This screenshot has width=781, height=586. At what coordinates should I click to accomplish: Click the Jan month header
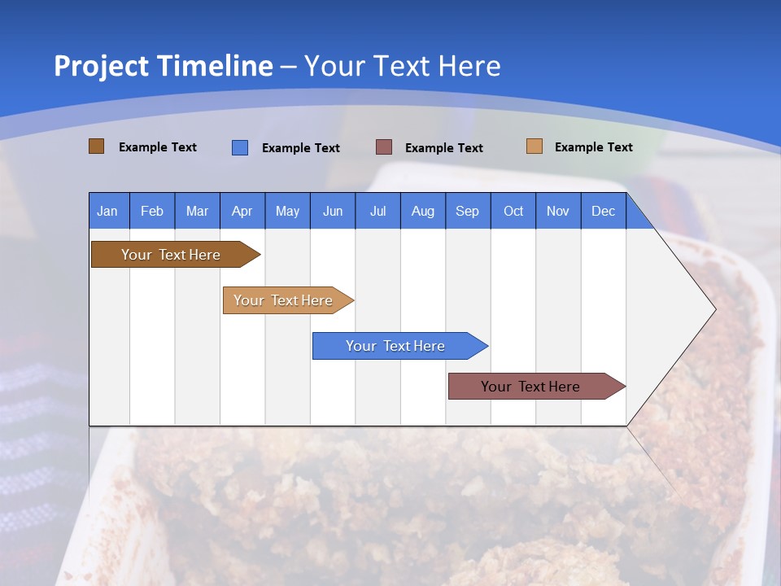pyautogui.click(x=107, y=211)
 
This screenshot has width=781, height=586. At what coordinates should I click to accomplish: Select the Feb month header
pyautogui.click(x=152, y=211)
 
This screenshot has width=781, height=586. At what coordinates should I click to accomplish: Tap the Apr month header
pyautogui.click(x=242, y=211)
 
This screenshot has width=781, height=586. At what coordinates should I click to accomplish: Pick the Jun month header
pyautogui.click(x=332, y=211)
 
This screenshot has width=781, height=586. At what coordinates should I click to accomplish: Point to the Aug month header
pyautogui.click(x=422, y=211)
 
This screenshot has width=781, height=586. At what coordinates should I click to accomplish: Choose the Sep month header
pyautogui.click(x=467, y=211)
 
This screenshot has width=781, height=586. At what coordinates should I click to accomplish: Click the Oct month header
pyautogui.click(x=513, y=211)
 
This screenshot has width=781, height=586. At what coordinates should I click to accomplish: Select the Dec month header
pyautogui.click(x=603, y=211)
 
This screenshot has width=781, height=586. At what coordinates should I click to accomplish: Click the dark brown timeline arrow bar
pyautogui.click(x=171, y=255)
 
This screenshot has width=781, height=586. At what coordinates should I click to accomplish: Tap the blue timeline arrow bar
pyautogui.click(x=395, y=346)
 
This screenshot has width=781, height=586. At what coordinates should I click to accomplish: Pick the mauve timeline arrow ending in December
pyautogui.click(x=530, y=387)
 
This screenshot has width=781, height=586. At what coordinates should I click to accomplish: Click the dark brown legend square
pyautogui.click(x=96, y=146)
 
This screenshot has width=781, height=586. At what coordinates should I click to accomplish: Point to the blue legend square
pyautogui.click(x=240, y=147)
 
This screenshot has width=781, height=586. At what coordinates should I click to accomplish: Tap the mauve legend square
pyautogui.click(x=384, y=147)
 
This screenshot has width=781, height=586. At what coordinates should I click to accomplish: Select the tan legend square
pyautogui.click(x=534, y=146)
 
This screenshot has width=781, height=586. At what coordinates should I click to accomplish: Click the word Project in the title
pyautogui.click(x=102, y=66)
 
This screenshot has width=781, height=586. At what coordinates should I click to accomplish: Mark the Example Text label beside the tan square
pyautogui.click(x=593, y=147)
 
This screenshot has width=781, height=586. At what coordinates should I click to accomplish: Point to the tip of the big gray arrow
pyautogui.click(x=714, y=308)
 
